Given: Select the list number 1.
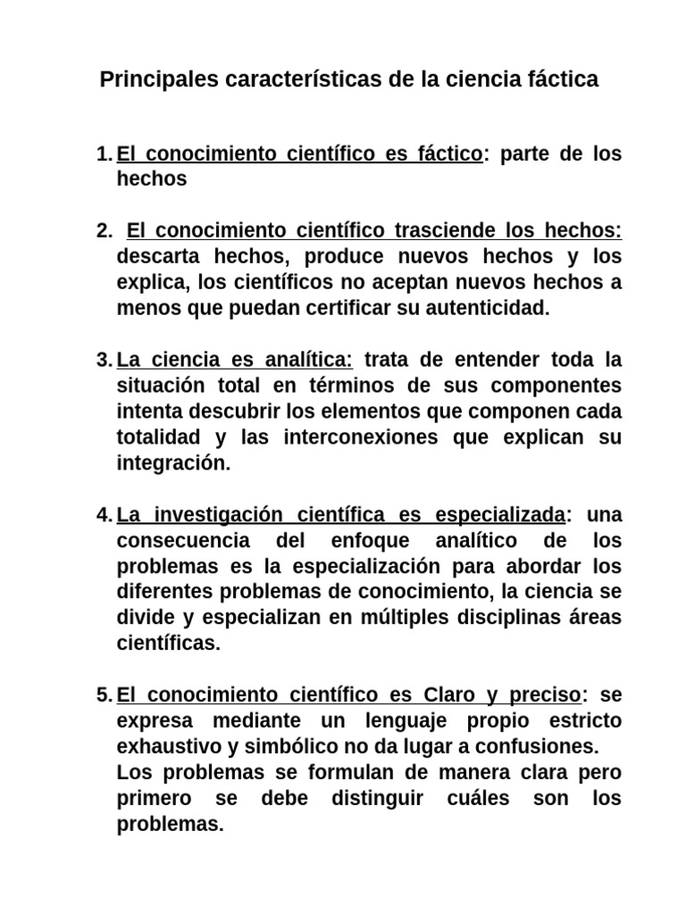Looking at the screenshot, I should click(x=102, y=154).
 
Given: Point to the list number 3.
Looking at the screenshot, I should click(x=102, y=361).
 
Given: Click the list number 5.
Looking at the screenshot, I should click(x=102, y=694).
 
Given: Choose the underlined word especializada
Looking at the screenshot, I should click(x=499, y=515).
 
